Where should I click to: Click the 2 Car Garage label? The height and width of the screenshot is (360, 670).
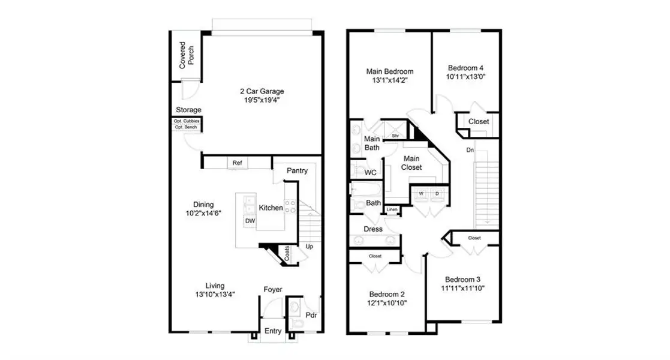[x=262, y=91]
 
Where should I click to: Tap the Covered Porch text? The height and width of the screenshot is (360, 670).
[x=187, y=55]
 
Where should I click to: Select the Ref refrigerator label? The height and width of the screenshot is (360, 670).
[x=237, y=163]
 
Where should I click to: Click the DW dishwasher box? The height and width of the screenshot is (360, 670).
[x=250, y=221]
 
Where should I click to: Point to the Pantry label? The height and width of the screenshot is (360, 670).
[x=297, y=170]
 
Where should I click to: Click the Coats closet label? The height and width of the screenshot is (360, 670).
[x=287, y=253]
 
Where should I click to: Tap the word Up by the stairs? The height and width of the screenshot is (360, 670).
[x=310, y=246]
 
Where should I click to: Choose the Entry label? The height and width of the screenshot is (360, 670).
[x=273, y=331]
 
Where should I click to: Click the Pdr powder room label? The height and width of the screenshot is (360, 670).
[x=311, y=315]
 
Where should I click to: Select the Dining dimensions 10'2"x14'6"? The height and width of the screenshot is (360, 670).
[x=203, y=214]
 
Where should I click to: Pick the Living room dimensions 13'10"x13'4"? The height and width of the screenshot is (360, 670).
[x=215, y=295]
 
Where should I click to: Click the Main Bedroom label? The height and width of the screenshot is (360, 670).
[x=390, y=71]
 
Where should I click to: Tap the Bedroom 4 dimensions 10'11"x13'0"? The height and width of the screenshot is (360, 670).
[x=465, y=77]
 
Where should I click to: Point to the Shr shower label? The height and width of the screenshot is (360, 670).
[x=395, y=136]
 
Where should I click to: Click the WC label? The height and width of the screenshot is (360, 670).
[x=371, y=173]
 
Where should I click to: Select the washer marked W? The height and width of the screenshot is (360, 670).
[x=421, y=194]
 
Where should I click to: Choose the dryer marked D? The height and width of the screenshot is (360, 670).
[x=437, y=194]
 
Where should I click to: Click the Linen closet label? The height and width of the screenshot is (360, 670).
[x=392, y=209]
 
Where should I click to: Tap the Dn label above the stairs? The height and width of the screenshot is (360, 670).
[x=470, y=150]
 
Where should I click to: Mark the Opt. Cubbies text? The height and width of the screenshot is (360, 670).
[x=187, y=121]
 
